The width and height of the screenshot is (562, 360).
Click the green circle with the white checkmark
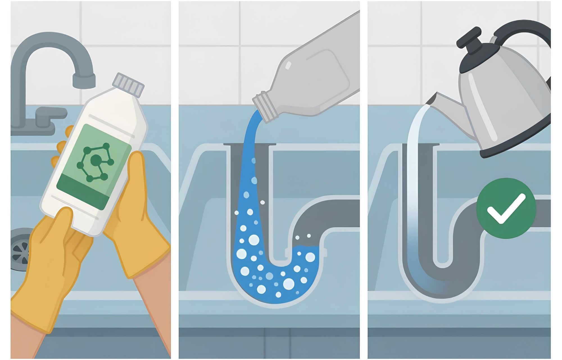point(506,208)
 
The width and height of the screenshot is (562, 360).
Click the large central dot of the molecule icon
point(96,160)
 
